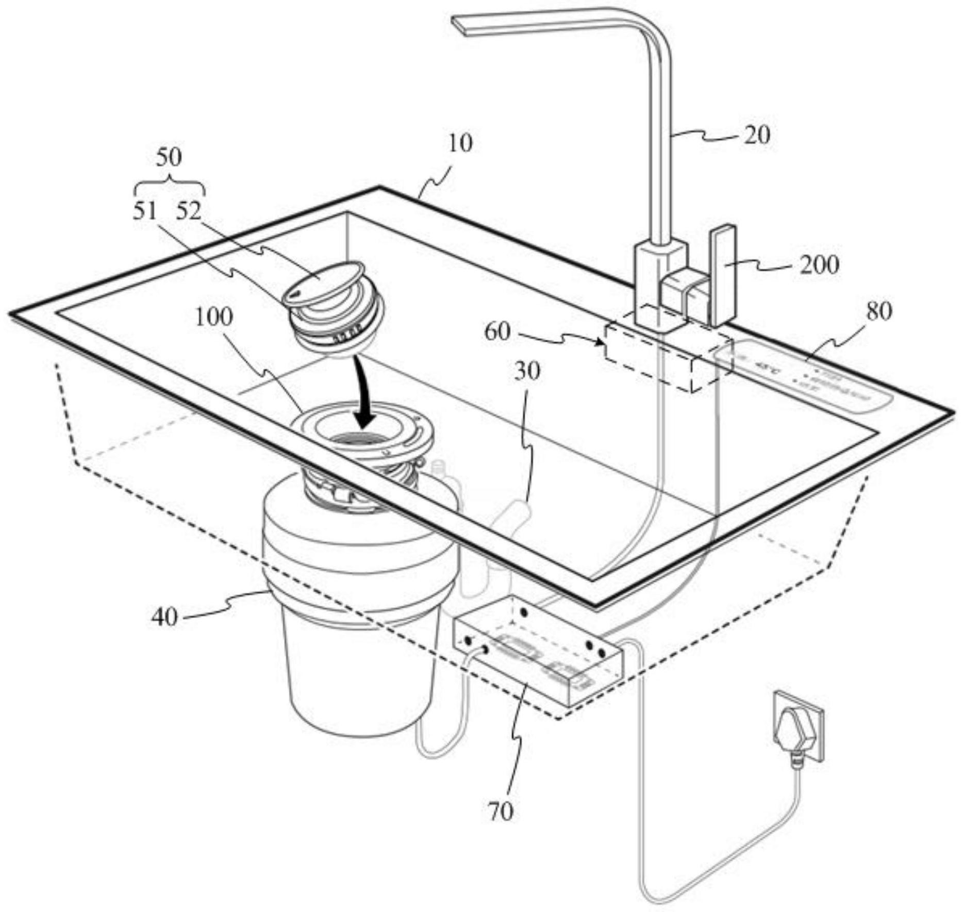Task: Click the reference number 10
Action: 460,143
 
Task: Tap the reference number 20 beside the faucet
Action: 756,135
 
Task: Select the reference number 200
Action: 819,265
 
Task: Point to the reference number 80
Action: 879,311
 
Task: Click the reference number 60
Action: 497,332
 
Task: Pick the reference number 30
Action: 527,371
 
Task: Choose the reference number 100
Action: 214,318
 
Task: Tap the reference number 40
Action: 164,617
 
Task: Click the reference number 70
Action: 500,812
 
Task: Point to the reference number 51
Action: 145,211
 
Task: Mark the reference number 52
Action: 188,211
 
